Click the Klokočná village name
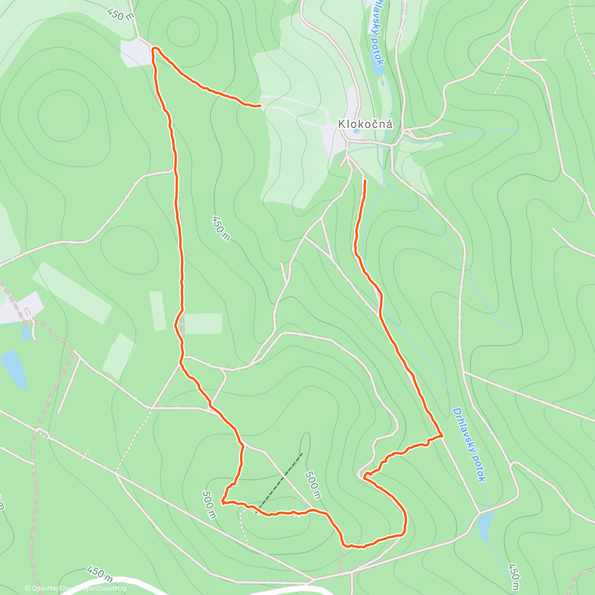coord(365,124)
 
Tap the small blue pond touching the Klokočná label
coord(356,131)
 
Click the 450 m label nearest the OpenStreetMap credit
coord(99,573)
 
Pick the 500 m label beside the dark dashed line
coord(312,485)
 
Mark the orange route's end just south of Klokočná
coord(365,181)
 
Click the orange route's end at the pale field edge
coord(259,106)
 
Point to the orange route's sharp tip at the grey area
coord(154,49)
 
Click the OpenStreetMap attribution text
coord(104,589)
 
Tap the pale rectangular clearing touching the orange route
coord(203,323)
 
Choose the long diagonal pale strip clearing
coord(72,293)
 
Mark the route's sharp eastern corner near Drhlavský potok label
coord(441,435)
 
